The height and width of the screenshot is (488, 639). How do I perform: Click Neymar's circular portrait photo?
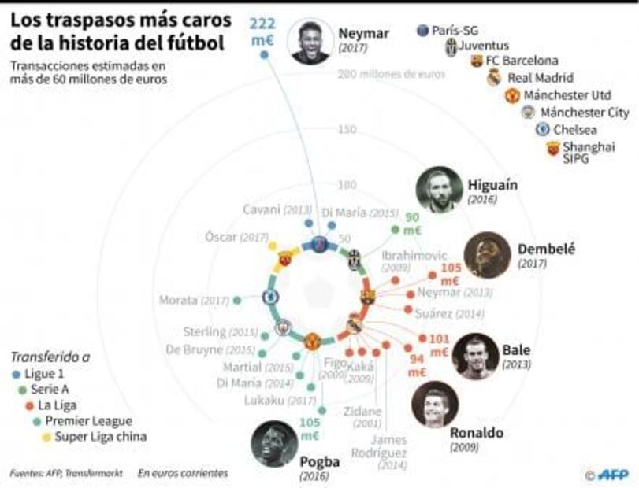(x=310, y=42)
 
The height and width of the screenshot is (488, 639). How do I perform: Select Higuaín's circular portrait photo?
(x=439, y=190)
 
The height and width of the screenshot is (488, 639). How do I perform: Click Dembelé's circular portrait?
(x=488, y=255)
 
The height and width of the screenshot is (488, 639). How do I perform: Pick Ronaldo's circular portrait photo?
(x=435, y=405)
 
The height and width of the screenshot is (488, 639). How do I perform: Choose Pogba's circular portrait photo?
(x=275, y=444)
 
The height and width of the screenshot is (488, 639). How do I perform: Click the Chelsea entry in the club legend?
(x=574, y=129)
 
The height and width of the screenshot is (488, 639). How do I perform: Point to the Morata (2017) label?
(x=194, y=300)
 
